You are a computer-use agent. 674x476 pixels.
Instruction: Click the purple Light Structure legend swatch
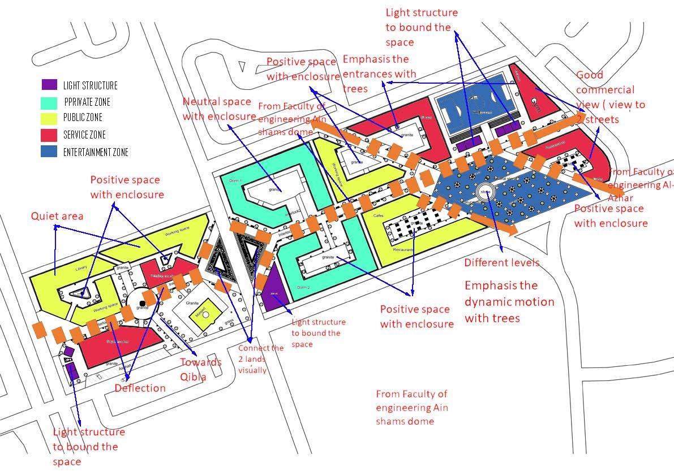click(x=49, y=85)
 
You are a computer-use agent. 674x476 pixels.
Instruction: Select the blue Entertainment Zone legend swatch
click(x=49, y=152)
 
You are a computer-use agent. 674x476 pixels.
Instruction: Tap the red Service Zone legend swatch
click(x=49, y=135)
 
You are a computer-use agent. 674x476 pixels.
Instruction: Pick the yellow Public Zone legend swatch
click(x=49, y=118)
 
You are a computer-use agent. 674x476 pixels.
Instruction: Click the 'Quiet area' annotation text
click(x=57, y=216)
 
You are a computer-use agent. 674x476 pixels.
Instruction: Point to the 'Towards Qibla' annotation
click(x=200, y=369)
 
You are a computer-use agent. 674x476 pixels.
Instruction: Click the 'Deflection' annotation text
click(x=140, y=388)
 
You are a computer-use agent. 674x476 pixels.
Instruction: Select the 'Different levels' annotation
click(x=501, y=262)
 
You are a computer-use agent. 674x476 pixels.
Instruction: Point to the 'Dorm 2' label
click(x=303, y=287)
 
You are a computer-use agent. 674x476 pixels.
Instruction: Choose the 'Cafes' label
click(x=379, y=216)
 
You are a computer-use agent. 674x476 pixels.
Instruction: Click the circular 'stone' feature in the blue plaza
click(x=485, y=192)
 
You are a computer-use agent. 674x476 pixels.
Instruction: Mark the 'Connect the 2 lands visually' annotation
click(x=260, y=358)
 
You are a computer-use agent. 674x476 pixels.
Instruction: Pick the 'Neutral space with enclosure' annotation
click(x=217, y=109)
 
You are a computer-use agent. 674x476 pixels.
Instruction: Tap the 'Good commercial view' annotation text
click(x=609, y=97)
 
